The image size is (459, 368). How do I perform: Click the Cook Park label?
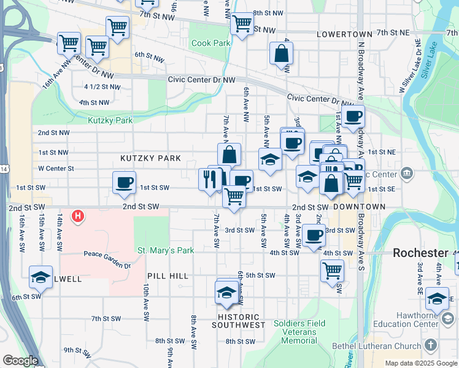[x=210, y=44]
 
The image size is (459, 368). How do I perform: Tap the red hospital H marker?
[x=78, y=216]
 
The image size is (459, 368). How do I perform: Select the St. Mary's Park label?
[x=165, y=250]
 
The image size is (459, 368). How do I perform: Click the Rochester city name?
[x=420, y=253]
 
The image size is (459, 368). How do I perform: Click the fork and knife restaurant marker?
[x=209, y=179]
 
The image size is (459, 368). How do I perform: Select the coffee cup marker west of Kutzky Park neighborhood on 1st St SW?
[x=125, y=182]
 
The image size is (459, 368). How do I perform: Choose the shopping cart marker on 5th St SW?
[x=332, y=270]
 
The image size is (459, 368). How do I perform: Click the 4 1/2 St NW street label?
[x=96, y=86]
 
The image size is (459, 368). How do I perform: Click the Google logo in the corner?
[x=20, y=361]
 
